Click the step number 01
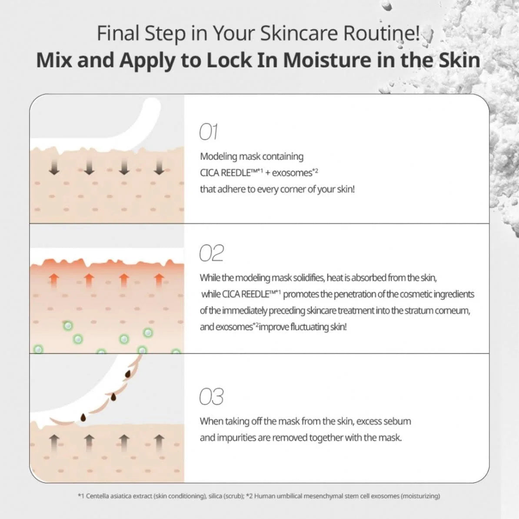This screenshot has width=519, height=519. click(x=209, y=132)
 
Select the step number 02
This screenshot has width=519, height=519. click(x=211, y=253)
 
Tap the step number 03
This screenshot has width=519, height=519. click(x=211, y=396)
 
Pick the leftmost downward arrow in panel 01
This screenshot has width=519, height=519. click(x=54, y=167)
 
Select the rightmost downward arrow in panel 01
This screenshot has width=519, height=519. click(x=159, y=167)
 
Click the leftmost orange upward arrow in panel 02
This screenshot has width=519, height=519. click(x=54, y=281)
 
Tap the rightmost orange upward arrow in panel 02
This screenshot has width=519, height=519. click(x=159, y=281)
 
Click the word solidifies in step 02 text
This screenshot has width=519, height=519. click(x=306, y=278)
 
